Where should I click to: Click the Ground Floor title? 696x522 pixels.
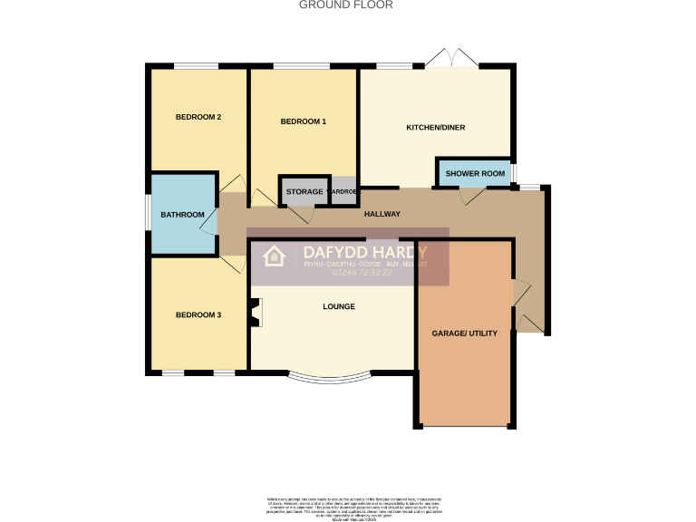click(x=346, y=5)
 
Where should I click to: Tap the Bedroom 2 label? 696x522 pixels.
click(x=198, y=117)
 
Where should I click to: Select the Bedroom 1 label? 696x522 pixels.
click(x=303, y=121)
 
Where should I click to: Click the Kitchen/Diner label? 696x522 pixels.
click(x=435, y=128)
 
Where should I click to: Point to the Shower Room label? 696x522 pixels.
click(x=474, y=173)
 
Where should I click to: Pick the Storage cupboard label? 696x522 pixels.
click(x=304, y=192)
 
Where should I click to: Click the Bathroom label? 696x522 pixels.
click(x=183, y=215)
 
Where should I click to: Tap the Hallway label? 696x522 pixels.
click(x=382, y=214)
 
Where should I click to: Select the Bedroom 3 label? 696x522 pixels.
click(x=198, y=314)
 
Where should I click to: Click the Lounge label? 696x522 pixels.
click(x=339, y=306)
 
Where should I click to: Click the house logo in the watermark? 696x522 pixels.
click(x=275, y=256)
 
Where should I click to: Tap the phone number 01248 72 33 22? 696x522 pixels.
click(x=362, y=272)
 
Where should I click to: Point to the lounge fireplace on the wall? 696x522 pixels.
click(x=256, y=312)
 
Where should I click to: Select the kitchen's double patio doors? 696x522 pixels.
click(x=452, y=57)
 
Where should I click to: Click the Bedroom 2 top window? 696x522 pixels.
click(x=197, y=65)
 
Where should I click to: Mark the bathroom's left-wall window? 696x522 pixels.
click(x=149, y=214)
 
